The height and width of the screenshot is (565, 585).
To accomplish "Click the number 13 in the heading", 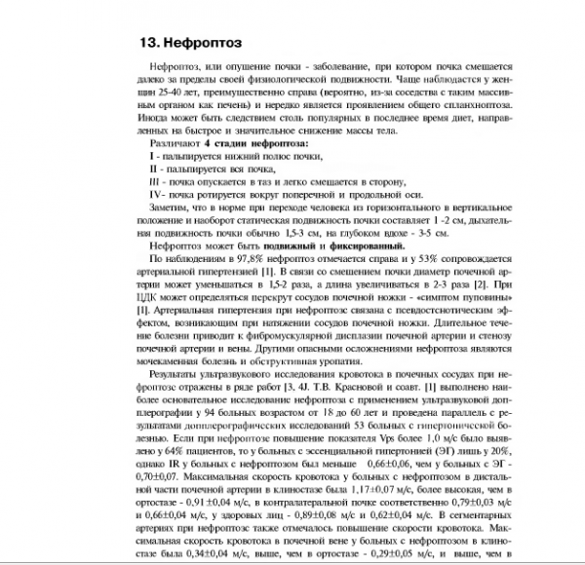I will tap(149, 44).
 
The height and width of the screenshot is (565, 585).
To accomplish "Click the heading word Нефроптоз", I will tap(201, 44).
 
